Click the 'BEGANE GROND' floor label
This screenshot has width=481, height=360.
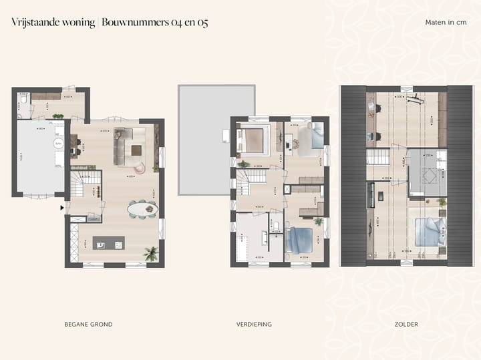[88, 325]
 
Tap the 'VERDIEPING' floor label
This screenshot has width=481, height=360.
[254, 325]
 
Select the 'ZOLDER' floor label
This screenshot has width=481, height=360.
[406, 325]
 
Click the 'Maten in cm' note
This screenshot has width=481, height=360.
[446, 23]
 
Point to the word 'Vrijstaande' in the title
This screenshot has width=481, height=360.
[33, 22]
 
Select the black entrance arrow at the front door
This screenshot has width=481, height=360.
[63, 208]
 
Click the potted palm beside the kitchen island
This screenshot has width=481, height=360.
[151, 253]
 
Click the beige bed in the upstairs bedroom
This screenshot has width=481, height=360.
[254, 140]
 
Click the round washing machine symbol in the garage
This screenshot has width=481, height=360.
[59, 143]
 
